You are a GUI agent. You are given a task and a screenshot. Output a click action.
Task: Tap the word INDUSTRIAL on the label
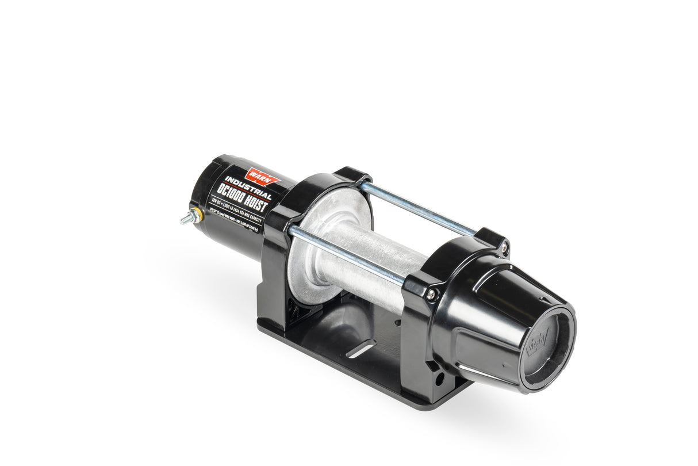click(x=248, y=185)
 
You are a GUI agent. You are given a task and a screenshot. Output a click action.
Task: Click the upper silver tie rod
click(x=417, y=208)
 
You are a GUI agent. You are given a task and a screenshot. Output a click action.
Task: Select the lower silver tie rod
click(x=345, y=254)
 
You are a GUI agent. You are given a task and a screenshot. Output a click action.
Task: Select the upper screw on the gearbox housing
click(x=504, y=247)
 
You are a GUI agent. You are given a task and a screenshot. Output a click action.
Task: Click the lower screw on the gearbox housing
click(x=430, y=295)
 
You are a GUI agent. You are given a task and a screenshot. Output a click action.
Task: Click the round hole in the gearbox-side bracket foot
click(x=440, y=379)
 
